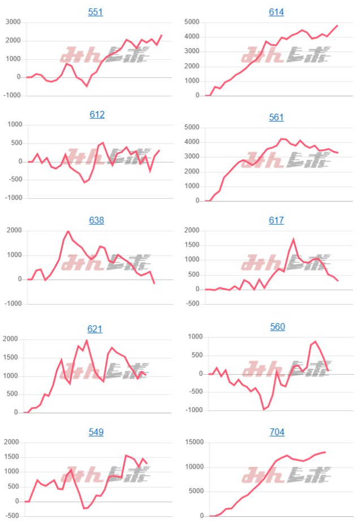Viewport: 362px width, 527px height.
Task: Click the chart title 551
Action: point(96,12)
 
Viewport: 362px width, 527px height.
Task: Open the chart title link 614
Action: point(276,12)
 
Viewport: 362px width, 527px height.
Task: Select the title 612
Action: point(97,114)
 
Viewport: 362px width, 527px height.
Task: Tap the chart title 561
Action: point(276,117)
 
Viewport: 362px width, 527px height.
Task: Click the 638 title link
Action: point(96,220)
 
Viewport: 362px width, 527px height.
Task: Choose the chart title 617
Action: point(276,220)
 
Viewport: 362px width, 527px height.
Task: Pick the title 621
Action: point(95,329)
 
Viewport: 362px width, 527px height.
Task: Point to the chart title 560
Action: point(277,327)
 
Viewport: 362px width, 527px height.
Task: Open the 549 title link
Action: point(96,432)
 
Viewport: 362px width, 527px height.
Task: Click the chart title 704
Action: point(277,432)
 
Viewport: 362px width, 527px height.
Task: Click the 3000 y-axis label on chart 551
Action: point(13,22)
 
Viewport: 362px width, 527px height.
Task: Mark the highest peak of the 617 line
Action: point(293,239)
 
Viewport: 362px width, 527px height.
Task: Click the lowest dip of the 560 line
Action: point(263,409)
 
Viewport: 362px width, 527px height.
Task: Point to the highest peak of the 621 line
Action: point(87,340)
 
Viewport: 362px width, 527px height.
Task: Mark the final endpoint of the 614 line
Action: point(337,25)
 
